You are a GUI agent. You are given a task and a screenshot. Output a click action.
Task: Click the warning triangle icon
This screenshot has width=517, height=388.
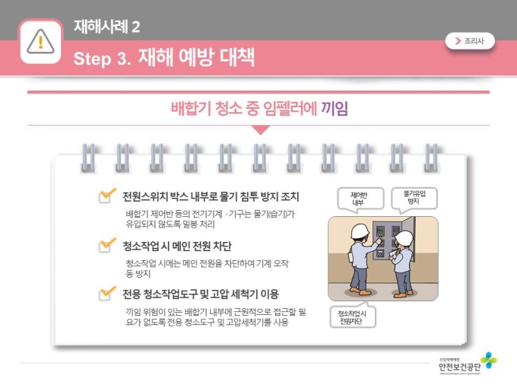point(40,41)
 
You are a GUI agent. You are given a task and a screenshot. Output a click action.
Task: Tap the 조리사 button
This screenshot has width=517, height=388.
point(470,41)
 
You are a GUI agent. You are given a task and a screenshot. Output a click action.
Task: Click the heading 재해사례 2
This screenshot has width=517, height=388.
point(107,27)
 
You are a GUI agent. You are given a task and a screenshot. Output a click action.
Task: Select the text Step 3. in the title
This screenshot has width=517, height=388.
point(102,59)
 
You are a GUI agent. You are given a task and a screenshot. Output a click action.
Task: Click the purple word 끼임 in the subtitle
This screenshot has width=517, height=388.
point(335,108)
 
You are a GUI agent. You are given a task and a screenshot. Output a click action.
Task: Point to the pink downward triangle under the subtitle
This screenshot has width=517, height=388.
point(261,130)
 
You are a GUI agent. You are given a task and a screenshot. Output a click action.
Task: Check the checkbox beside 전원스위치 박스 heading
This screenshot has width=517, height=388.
point(106,196)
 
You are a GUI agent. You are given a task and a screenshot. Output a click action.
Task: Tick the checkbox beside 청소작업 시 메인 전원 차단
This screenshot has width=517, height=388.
point(106,245)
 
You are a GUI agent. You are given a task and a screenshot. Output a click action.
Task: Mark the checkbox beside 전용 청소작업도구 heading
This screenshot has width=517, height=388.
point(106,294)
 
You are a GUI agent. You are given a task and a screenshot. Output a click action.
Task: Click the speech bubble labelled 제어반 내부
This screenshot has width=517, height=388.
point(360,199)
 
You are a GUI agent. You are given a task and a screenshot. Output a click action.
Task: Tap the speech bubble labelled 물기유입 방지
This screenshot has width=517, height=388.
point(414,199)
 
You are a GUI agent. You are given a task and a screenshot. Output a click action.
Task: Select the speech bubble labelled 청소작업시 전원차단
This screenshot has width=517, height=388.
point(353,316)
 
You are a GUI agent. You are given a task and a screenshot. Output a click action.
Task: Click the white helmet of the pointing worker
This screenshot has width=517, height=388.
point(360,231)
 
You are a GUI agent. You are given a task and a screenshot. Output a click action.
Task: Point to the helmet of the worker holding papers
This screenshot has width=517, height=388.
point(404,238)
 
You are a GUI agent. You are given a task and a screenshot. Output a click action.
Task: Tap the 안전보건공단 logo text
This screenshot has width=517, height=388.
point(460,367)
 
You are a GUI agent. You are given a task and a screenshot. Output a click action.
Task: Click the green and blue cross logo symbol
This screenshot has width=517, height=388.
point(488,361)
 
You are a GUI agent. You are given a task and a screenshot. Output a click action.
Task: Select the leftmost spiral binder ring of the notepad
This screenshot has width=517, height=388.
point(88,158)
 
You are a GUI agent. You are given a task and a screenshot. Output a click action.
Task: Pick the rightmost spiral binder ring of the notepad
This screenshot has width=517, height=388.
point(431,158)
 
